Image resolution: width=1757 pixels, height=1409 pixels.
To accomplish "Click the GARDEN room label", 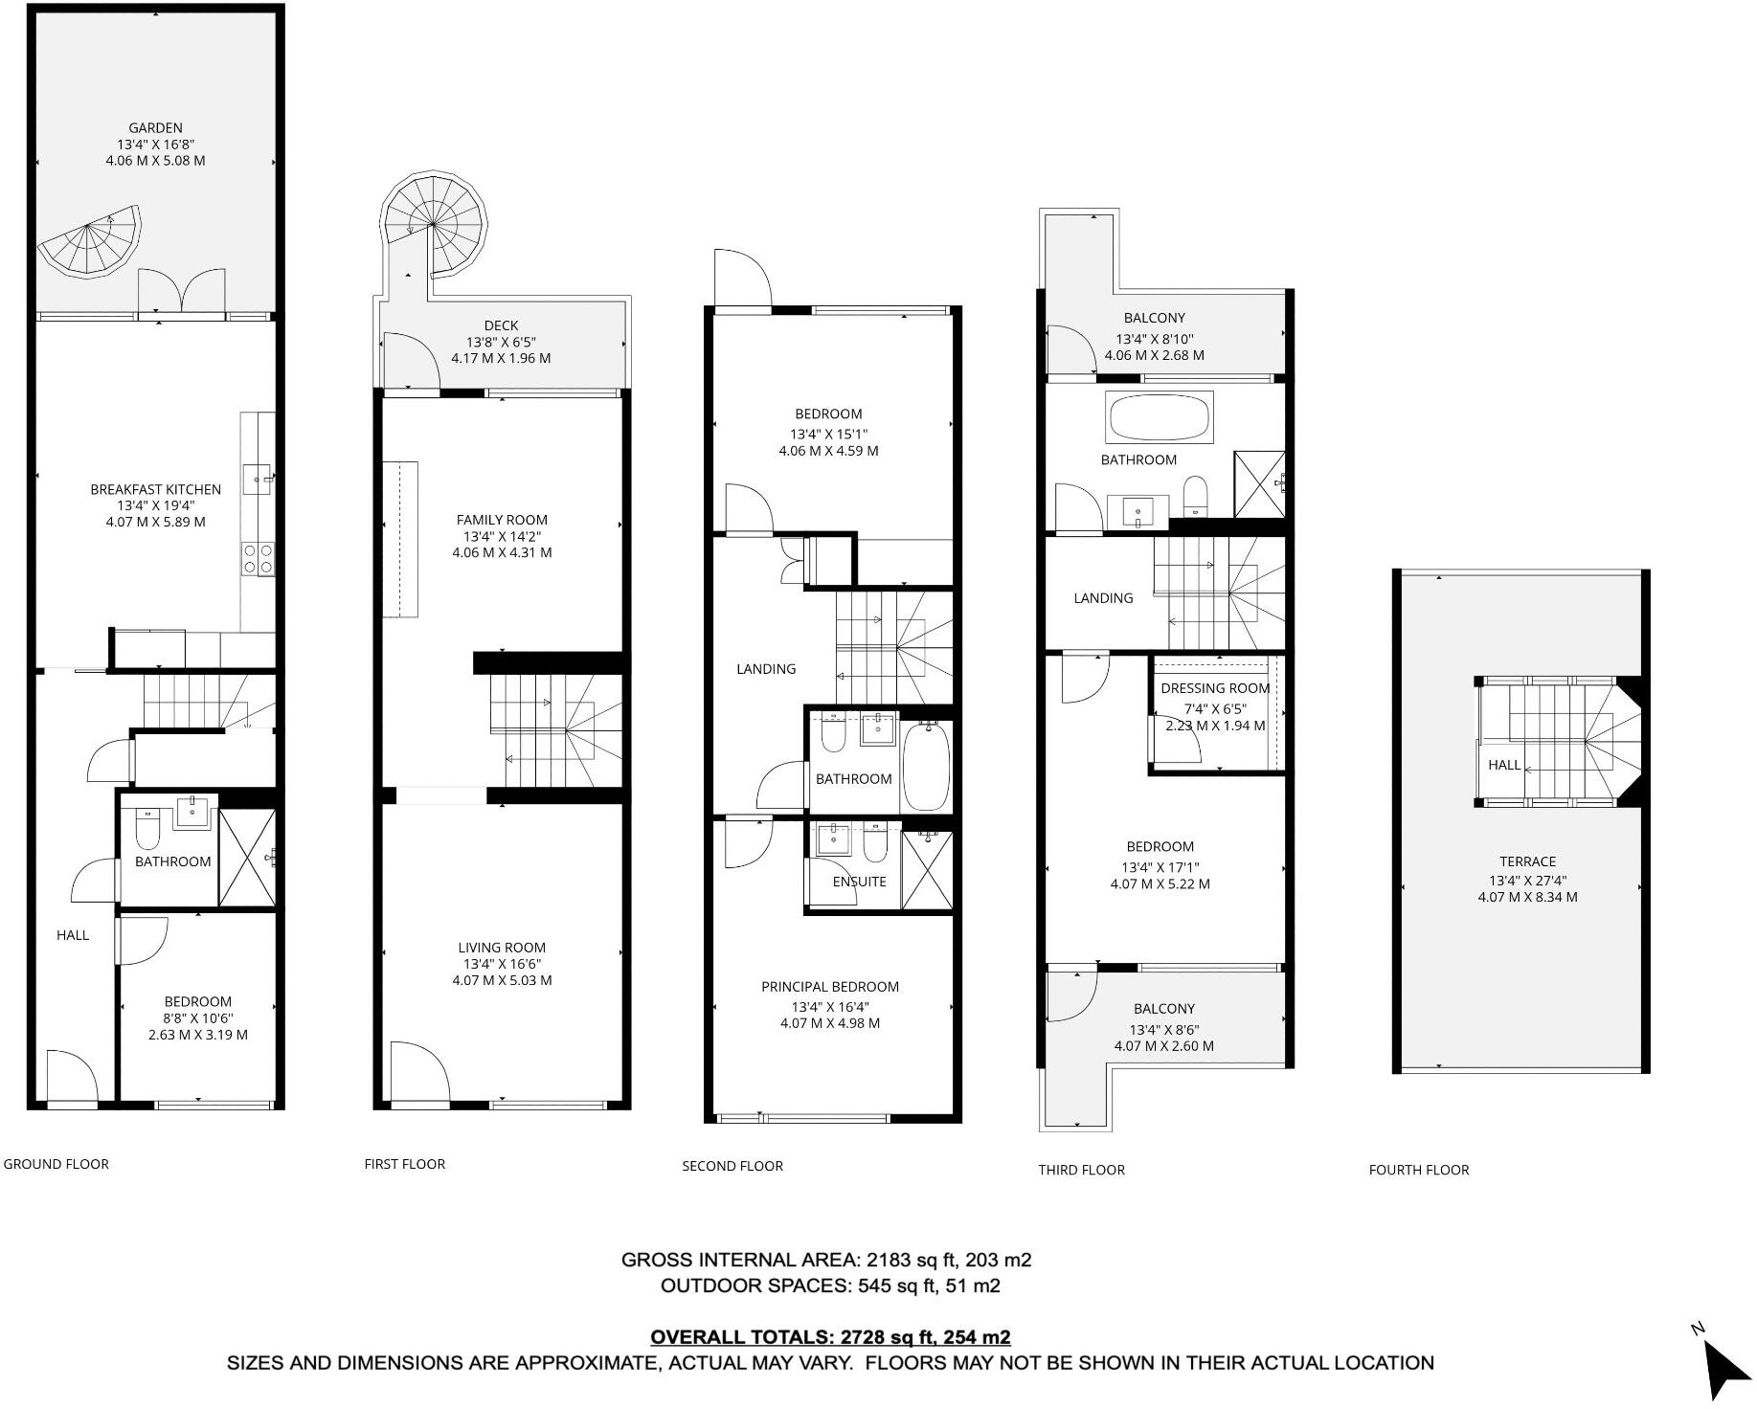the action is pyautogui.click(x=155, y=127).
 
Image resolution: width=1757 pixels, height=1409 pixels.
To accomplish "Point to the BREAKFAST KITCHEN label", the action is pyautogui.click(x=155, y=489).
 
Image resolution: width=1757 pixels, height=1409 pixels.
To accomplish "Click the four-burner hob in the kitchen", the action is pyautogui.click(x=258, y=557).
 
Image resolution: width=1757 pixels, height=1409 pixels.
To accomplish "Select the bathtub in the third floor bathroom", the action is pyautogui.click(x=1159, y=416).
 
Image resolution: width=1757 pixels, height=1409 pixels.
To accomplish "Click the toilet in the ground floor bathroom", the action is pyautogui.click(x=147, y=831).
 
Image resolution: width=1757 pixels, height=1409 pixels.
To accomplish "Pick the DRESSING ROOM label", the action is pyautogui.click(x=1215, y=688).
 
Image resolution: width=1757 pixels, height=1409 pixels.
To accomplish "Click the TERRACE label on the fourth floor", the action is pyautogui.click(x=1527, y=861).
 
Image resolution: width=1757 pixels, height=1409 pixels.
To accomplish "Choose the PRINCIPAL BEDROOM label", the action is pyautogui.click(x=830, y=987).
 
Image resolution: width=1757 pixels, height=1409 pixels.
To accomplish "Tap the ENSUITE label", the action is pyautogui.click(x=859, y=882).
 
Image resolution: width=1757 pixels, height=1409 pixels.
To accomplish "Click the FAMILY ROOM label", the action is pyautogui.click(x=502, y=520).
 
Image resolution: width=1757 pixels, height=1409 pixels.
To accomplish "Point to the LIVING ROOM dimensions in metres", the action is pyautogui.click(x=502, y=980).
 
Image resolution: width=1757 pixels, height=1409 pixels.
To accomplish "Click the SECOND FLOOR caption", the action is pyautogui.click(x=732, y=1166).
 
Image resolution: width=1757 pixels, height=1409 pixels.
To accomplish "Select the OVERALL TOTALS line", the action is pyautogui.click(x=830, y=1337).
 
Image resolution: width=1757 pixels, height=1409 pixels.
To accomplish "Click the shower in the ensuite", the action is pyautogui.click(x=928, y=869).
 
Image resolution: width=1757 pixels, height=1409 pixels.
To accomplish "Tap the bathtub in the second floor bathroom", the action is pyautogui.click(x=926, y=768).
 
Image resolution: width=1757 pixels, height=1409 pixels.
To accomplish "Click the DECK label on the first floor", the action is pyautogui.click(x=501, y=325).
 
